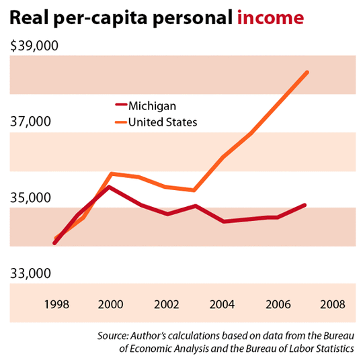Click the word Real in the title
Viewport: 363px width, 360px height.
[29, 17]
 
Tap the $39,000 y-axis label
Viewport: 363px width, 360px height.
[35, 46]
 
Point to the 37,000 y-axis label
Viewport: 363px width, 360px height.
[32, 122]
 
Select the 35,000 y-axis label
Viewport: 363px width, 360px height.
[32, 198]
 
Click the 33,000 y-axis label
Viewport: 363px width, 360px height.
[32, 274]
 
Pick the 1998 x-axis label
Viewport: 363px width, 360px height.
[55, 304]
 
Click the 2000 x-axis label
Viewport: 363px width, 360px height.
[111, 304]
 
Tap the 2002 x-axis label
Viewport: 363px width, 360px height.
[167, 304]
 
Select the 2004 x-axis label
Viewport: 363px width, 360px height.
[223, 304]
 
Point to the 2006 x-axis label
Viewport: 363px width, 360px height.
[278, 304]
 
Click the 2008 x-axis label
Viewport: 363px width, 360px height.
[333, 304]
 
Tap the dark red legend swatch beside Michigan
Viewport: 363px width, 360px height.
[120, 105]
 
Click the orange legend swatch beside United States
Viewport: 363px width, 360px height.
[120, 122]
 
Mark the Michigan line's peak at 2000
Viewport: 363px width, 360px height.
[110, 187]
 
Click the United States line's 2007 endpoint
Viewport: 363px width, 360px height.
[307, 71]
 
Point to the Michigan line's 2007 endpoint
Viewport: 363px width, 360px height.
[306, 205]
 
